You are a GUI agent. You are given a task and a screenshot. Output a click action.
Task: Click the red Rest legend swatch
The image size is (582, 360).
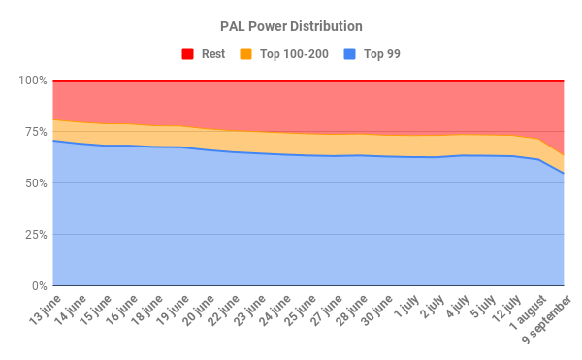[187, 54]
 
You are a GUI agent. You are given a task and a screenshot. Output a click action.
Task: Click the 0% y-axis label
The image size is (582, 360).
[37, 286]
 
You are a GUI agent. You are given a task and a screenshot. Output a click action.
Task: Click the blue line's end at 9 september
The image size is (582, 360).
[564, 174]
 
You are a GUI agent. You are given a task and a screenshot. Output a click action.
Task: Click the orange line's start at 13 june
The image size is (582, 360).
[53, 120]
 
